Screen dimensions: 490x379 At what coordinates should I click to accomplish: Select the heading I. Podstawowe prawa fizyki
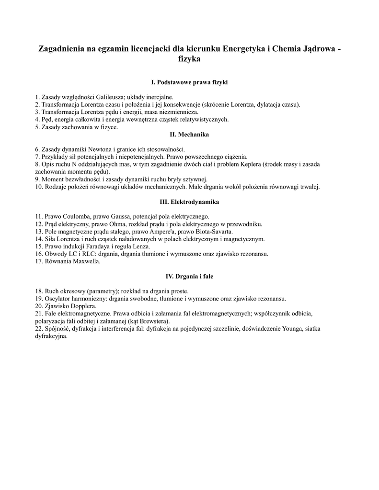[189, 82]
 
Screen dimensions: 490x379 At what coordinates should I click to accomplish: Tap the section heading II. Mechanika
[189, 134]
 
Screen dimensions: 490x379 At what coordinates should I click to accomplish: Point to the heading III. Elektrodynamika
[189, 202]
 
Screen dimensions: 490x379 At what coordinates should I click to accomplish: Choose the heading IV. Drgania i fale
[189, 277]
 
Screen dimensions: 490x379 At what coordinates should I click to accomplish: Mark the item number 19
[39, 298]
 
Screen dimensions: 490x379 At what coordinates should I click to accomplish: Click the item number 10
[39, 187]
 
